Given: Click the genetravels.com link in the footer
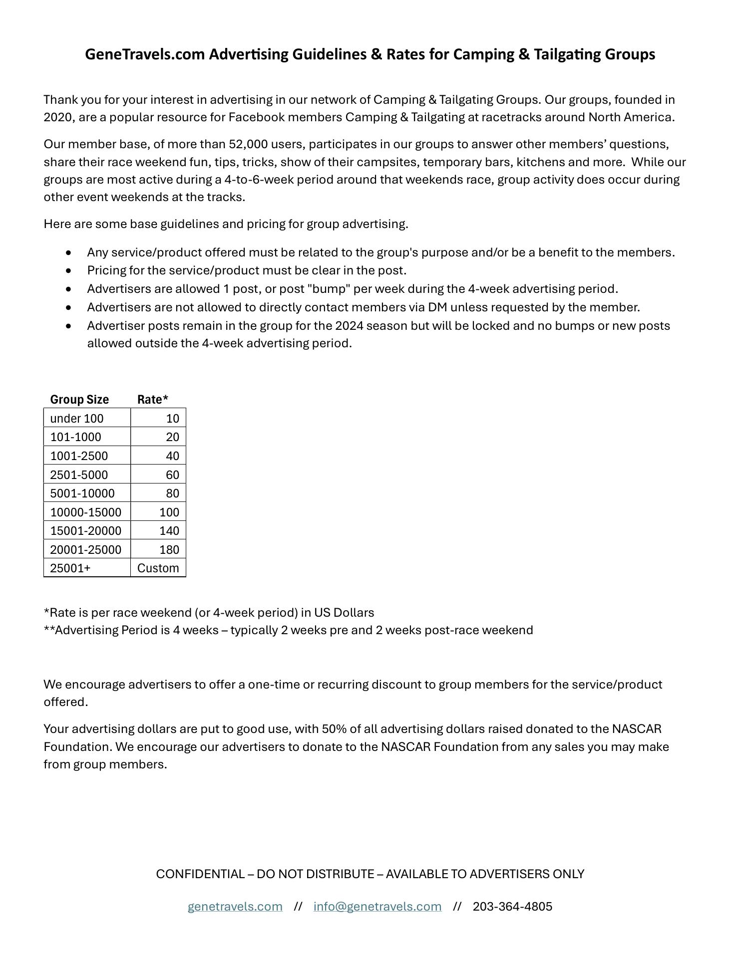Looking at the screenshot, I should (x=235, y=906).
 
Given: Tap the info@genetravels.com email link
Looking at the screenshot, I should (x=377, y=906).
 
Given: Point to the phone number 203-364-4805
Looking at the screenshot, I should (x=512, y=906).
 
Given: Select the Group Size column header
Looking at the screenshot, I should (x=79, y=399).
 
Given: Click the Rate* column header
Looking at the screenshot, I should (x=152, y=399).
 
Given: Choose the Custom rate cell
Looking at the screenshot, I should (x=158, y=568).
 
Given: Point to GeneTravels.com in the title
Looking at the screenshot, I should (x=145, y=54).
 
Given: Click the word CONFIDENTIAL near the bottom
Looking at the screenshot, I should (x=200, y=874).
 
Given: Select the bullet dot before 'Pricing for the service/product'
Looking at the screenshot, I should (x=68, y=271).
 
